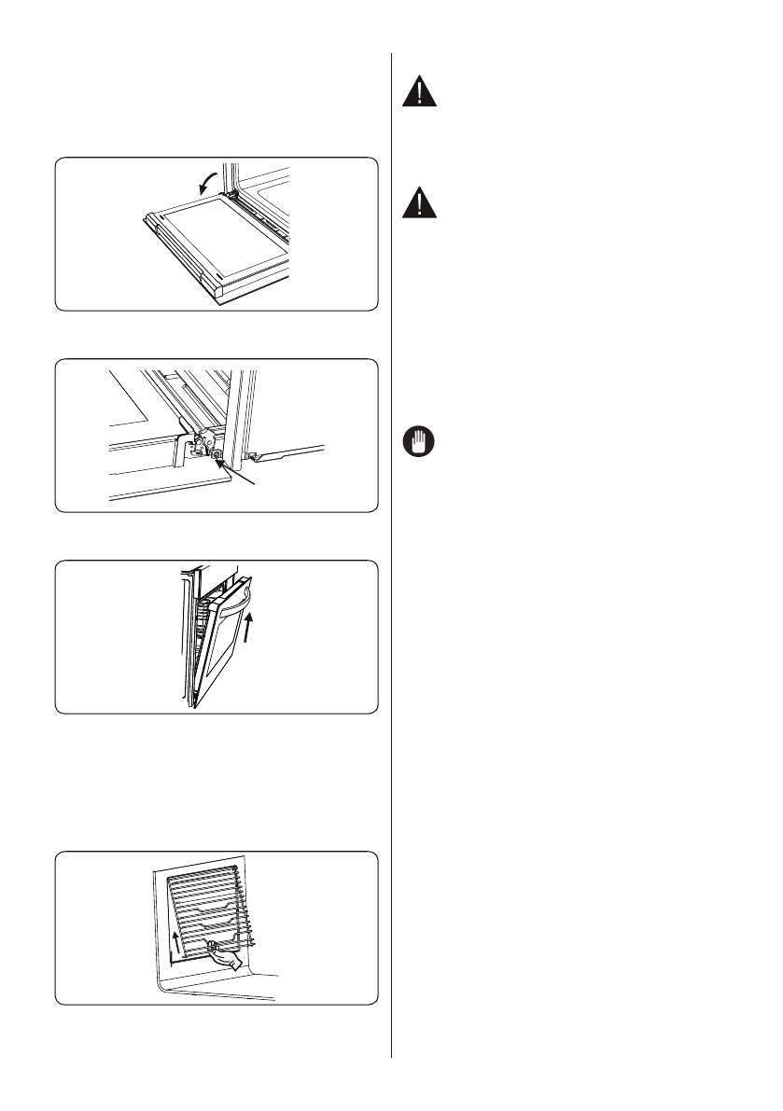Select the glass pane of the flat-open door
[217, 236]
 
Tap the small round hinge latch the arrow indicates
[217, 455]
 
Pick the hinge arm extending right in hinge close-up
[289, 456]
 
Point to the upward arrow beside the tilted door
[248, 632]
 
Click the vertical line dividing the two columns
[390, 560]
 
